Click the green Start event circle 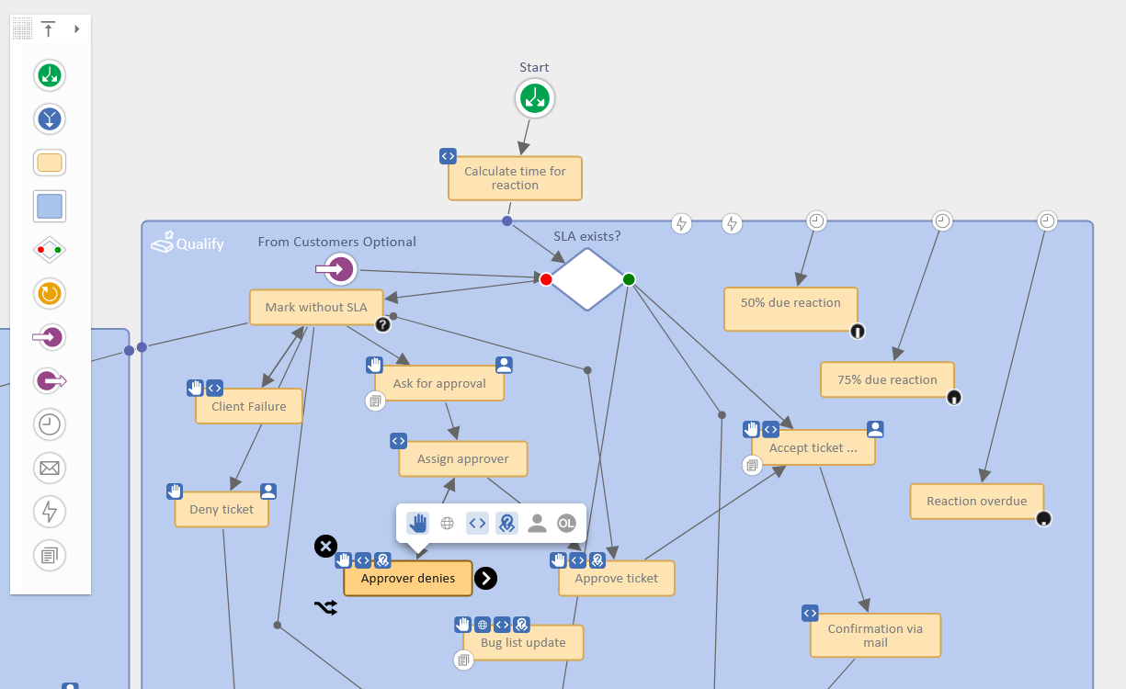[x=534, y=97]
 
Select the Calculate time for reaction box [x=515, y=178]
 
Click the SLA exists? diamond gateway [x=587, y=279]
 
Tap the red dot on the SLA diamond [x=546, y=279]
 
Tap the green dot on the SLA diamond [x=629, y=279]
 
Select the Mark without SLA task [x=316, y=308]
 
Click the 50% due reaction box [x=790, y=309]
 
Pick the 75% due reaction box [x=887, y=379]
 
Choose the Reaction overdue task [x=976, y=502]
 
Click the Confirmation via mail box [x=875, y=636]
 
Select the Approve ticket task [x=616, y=579]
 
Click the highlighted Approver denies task [x=408, y=579]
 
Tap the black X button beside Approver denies [x=325, y=547]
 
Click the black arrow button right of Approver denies [x=485, y=578]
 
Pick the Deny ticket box [x=222, y=510]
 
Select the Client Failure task [x=249, y=407]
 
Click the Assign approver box [x=462, y=459]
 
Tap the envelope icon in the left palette [x=50, y=469]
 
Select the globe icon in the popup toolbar [x=448, y=524]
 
